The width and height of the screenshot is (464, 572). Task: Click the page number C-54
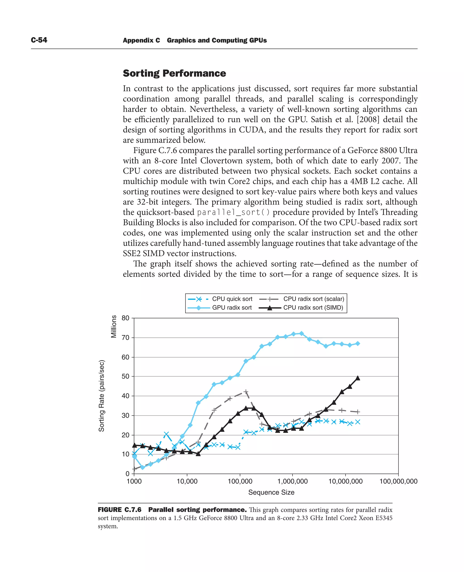click(x=39, y=40)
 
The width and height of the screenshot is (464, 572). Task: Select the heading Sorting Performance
click(x=174, y=73)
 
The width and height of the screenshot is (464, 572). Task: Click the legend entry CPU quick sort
click(x=232, y=299)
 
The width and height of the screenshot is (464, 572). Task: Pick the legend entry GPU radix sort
click(x=232, y=308)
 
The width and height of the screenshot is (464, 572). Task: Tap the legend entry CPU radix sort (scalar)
click(x=314, y=299)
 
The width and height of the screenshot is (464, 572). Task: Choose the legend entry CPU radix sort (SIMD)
click(x=313, y=308)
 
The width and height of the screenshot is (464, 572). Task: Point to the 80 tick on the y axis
click(x=125, y=318)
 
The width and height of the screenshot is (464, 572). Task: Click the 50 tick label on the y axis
click(x=125, y=376)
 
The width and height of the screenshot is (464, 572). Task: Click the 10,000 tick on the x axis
click(x=187, y=481)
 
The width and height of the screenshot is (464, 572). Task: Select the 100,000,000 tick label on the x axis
click(x=398, y=481)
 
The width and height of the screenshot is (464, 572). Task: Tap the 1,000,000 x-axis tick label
click(x=292, y=481)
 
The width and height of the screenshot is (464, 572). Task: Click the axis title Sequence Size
click(x=271, y=492)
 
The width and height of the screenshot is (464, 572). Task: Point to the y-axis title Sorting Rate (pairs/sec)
click(x=101, y=396)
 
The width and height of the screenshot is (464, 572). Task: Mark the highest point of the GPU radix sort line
click(x=302, y=333)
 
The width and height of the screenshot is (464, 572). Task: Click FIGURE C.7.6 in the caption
click(x=119, y=510)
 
